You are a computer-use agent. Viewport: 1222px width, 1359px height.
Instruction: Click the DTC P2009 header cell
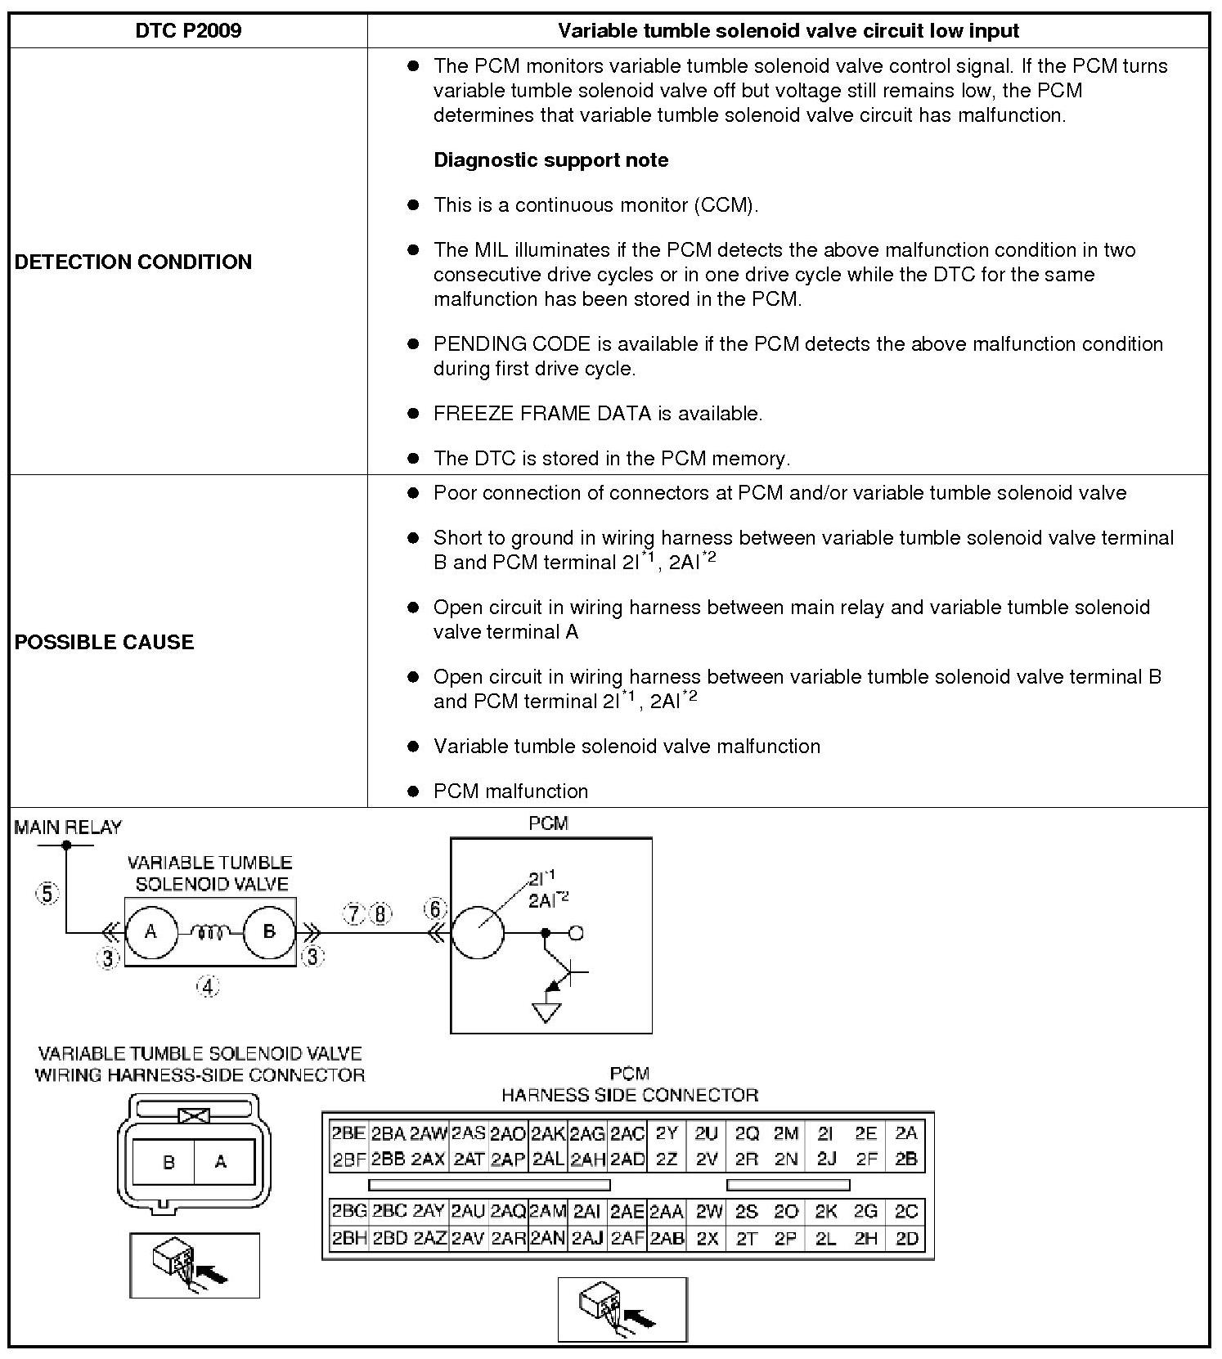tap(188, 31)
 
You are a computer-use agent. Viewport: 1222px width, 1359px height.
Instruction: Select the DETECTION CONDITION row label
tap(133, 262)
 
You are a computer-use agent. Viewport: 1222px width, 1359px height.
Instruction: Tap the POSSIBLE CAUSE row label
tap(105, 642)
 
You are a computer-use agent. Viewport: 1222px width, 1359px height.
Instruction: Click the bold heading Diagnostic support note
tap(550, 160)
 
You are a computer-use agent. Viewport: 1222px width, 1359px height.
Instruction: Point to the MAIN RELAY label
tap(68, 828)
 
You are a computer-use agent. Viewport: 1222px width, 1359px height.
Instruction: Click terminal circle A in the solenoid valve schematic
tap(151, 931)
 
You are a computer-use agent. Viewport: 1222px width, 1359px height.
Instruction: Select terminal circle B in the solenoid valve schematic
tap(269, 931)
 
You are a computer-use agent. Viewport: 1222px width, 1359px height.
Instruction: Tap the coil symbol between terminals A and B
tap(211, 931)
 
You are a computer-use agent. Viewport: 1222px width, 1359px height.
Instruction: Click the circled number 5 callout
tap(47, 894)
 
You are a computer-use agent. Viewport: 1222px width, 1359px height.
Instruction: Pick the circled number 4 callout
tap(208, 987)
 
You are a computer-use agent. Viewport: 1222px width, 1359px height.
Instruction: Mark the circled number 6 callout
tap(435, 909)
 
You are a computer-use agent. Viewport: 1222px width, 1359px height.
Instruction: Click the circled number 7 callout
tap(353, 914)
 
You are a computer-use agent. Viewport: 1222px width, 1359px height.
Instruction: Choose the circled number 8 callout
tap(380, 914)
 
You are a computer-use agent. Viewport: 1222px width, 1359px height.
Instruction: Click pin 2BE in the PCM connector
tap(348, 1133)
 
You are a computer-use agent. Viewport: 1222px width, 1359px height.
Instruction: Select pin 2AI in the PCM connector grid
tap(587, 1212)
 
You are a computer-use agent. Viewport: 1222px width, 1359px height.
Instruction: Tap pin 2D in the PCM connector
tap(907, 1239)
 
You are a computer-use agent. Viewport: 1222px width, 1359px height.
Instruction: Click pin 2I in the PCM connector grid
tap(826, 1133)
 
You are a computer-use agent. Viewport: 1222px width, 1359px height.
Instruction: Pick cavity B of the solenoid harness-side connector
tap(168, 1162)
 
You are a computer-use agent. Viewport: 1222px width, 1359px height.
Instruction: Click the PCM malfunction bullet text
tap(510, 792)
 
